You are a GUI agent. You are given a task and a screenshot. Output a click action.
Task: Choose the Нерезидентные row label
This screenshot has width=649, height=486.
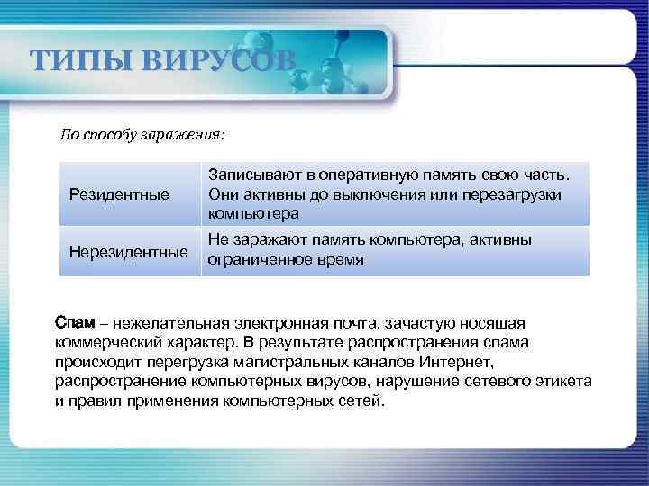click(x=129, y=250)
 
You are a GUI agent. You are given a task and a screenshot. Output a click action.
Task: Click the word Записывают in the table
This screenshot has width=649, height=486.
click(x=252, y=173)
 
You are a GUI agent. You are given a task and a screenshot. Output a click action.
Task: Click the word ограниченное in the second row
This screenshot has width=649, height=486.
click(x=261, y=260)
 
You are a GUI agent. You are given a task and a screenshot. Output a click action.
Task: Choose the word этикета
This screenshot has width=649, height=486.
click(x=563, y=382)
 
